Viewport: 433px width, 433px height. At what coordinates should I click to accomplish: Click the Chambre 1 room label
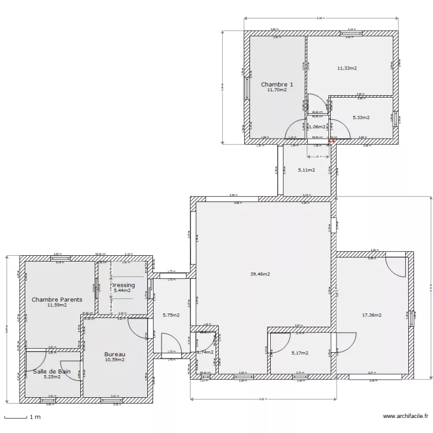tap(277, 84)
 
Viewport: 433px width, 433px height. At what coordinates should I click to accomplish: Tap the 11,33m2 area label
tap(347, 68)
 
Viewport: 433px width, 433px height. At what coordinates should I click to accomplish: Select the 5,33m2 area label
tap(361, 117)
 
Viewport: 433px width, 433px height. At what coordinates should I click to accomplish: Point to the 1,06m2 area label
tap(317, 126)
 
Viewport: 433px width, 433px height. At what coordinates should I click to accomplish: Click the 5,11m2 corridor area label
tap(307, 170)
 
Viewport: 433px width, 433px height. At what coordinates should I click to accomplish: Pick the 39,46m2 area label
tap(261, 274)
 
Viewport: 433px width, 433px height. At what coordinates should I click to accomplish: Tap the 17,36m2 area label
tap(371, 315)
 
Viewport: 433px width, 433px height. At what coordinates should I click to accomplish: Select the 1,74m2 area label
tap(205, 352)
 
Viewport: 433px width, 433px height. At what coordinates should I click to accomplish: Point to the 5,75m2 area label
tap(171, 315)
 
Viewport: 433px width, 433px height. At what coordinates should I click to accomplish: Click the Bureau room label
tap(115, 354)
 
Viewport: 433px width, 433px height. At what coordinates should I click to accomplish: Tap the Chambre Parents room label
tap(57, 300)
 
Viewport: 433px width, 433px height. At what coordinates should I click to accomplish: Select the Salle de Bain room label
tap(51, 371)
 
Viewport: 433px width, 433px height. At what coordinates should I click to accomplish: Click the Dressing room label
tap(122, 285)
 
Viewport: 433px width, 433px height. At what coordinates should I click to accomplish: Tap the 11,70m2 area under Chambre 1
tap(277, 90)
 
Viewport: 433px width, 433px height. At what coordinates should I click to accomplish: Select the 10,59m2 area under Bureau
tap(115, 360)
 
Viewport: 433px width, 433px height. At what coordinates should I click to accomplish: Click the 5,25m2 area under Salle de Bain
tap(51, 377)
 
